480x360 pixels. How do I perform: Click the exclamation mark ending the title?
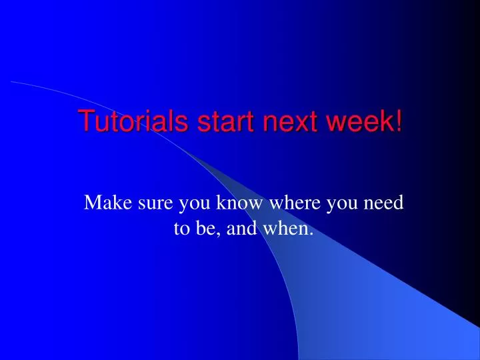click(398, 122)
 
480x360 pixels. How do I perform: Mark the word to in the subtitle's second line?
click(181, 230)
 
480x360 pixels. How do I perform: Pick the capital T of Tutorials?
click(85, 122)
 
